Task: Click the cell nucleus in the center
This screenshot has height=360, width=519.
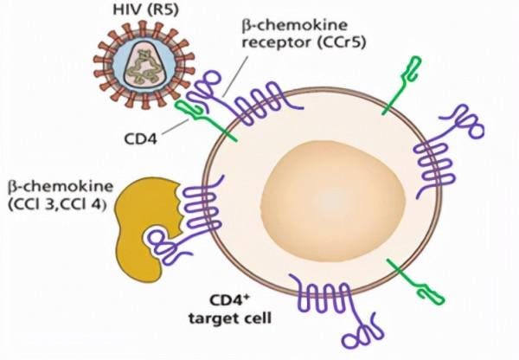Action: click(x=310, y=198)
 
